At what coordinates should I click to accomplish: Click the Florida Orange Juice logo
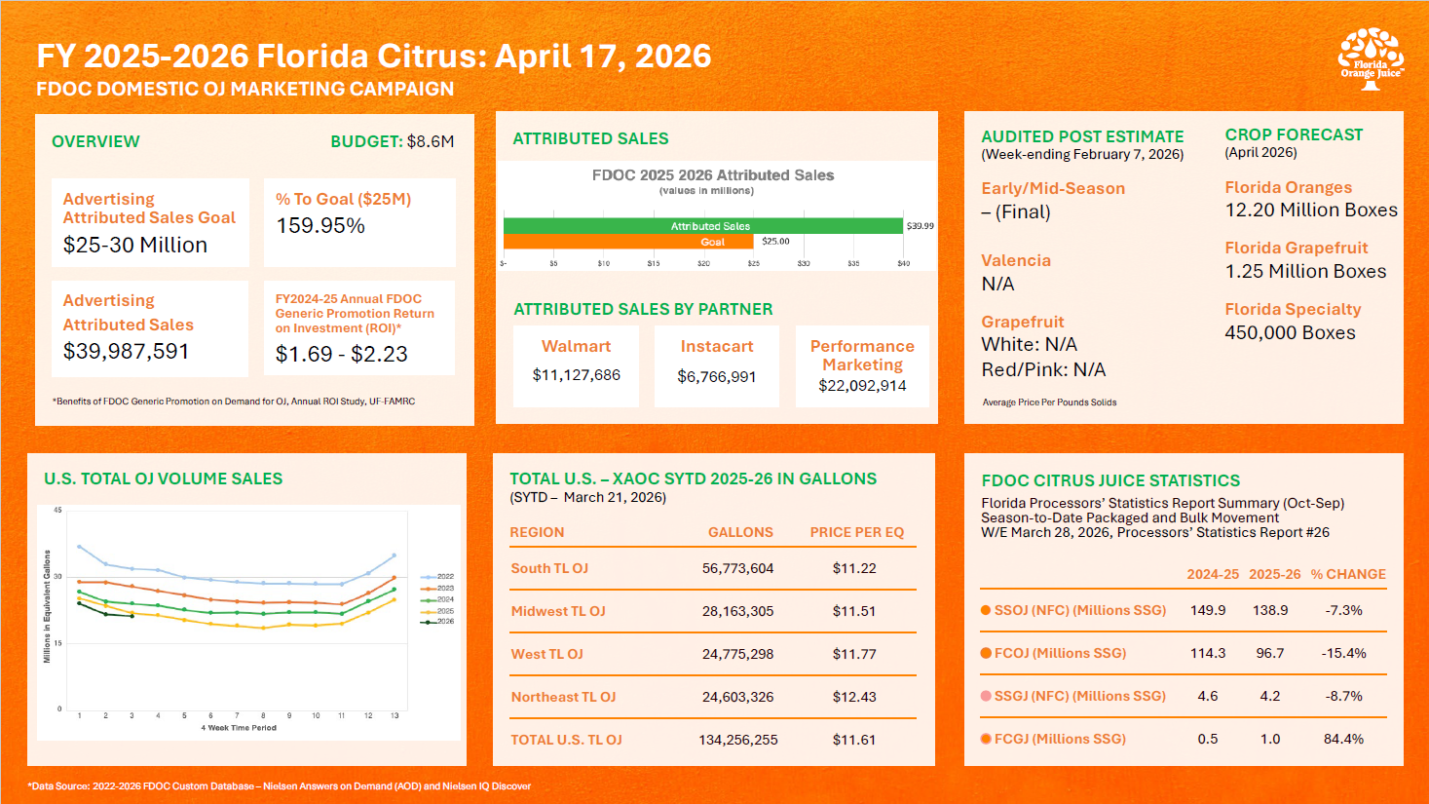tap(1371, 58)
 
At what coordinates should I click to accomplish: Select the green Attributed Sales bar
tap(702, 226)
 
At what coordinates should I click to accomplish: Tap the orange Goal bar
tap(629, 242)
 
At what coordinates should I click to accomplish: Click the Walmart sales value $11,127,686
tap(576, 375)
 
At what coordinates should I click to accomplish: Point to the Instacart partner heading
tap(717, 346)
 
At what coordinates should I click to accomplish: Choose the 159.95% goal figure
tap(320, 226)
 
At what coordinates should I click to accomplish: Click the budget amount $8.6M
tap(431, 141)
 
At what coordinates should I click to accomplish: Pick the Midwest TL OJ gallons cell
tap(737, 611)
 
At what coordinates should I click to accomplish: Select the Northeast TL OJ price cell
tap(854, 697)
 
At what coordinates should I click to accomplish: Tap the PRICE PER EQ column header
tap(857, 532)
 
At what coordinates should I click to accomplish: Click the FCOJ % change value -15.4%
tap(1343, 653)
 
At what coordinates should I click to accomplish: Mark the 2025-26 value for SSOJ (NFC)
tap(1270, 610)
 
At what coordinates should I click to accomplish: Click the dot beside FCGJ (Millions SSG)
tap(986, 739)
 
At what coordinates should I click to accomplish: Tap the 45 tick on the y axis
tap(57, 510)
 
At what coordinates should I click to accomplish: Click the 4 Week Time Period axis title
tap(239, 728)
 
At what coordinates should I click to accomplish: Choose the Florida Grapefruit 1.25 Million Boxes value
tap(1305, 272)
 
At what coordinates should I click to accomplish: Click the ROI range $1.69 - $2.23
tap(341, 354)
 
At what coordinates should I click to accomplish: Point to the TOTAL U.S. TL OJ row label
tap(566, 740)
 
